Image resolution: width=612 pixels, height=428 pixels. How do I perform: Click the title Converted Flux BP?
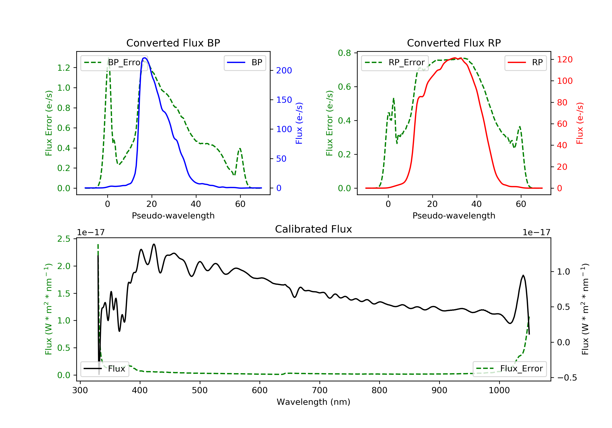[x=173, y=43]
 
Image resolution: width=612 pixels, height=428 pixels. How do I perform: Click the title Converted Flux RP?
[x=454, y=43]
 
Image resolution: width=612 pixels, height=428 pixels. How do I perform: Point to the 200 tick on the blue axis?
[x=284, y=71]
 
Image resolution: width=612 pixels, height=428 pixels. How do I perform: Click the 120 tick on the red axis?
[x=564, y=59]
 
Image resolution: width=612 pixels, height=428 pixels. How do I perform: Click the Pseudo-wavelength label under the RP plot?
[x=454, y=216]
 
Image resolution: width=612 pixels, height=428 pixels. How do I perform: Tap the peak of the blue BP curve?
[x=144, y=58]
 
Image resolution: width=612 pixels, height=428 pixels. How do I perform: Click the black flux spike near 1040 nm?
[x=523, y=276]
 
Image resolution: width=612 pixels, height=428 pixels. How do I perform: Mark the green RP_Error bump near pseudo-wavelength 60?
[x=520, y=127]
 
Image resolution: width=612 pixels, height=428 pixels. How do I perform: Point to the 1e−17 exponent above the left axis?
[x=91, y=233]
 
